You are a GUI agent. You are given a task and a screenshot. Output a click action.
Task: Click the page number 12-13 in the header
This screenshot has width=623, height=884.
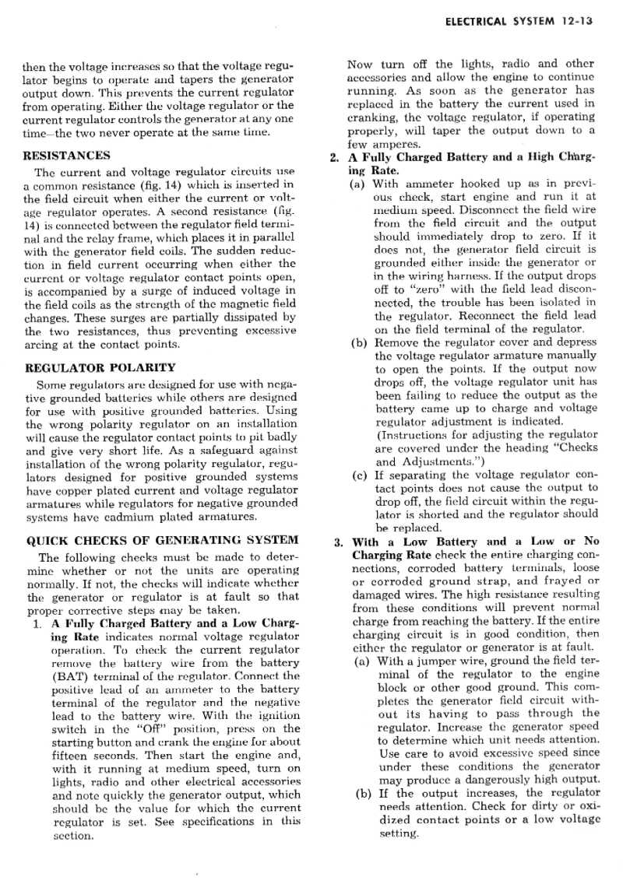click(x=576, y=22)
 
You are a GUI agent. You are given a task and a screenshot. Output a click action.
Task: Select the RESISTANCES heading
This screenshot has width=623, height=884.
click(x=68, y=155)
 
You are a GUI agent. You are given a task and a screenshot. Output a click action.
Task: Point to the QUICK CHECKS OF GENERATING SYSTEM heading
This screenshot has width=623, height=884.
click(x=162, y=539)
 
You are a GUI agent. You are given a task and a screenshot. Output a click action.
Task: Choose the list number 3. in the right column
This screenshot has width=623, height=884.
click(x=338, y=542)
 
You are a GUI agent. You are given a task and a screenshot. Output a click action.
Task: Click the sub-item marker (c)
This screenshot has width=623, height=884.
click(x=359, y=475)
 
